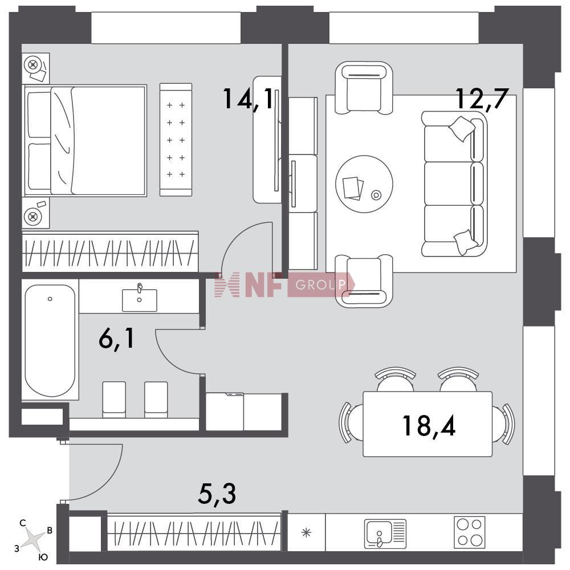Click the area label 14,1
click(x=248, y=99)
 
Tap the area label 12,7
click(x=481, y=98)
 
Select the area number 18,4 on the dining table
click(x=429, y=425)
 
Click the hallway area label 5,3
click(x=217, y=494)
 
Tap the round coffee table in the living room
click(x=364, y=184)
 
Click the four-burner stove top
click(x=469, y=532)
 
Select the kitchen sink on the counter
click(x=385, y=534)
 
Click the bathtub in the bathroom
click(x=50, y=341)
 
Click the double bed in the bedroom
click(x=85, y=141)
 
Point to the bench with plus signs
click(x=176, y=140)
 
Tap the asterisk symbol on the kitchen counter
click(x=306, y=533)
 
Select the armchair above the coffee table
click(x=364, y=88)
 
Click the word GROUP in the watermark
click(x=320, y=285)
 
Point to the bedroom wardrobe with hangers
click(x=110, y=251)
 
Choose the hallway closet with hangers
click(x=194, y=532)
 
